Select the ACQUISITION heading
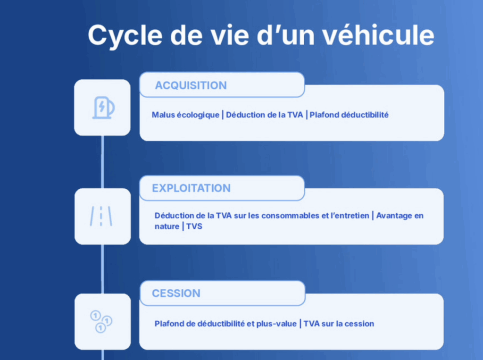coord(191,85)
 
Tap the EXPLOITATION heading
coord(192,188)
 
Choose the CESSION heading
coord(176,293)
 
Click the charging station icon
coord(103,108)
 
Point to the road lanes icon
coord(101,216)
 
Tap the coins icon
coord(101,321)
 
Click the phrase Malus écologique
coord(185,115)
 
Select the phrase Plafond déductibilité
coord(349,115)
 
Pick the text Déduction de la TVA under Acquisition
coord(264,115)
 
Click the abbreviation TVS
coord(194,226)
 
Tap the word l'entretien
coord(350,216)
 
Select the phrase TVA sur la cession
coord(339,324)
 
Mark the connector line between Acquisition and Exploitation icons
coord(102,162)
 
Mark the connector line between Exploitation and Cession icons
coord(102,269)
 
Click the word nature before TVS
coord(167,226)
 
